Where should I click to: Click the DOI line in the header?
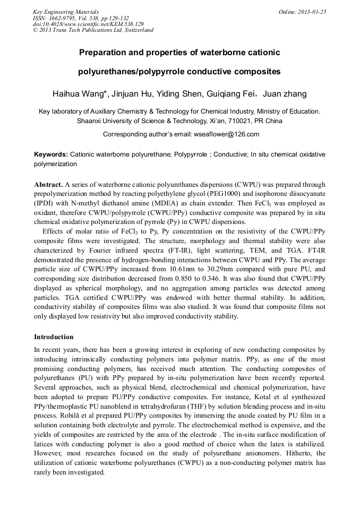[88, 24]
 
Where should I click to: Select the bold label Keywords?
[51, 154]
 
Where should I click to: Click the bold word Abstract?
[49, 185]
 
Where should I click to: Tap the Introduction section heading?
[54, 337]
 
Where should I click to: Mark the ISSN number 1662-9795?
[63, 18]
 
